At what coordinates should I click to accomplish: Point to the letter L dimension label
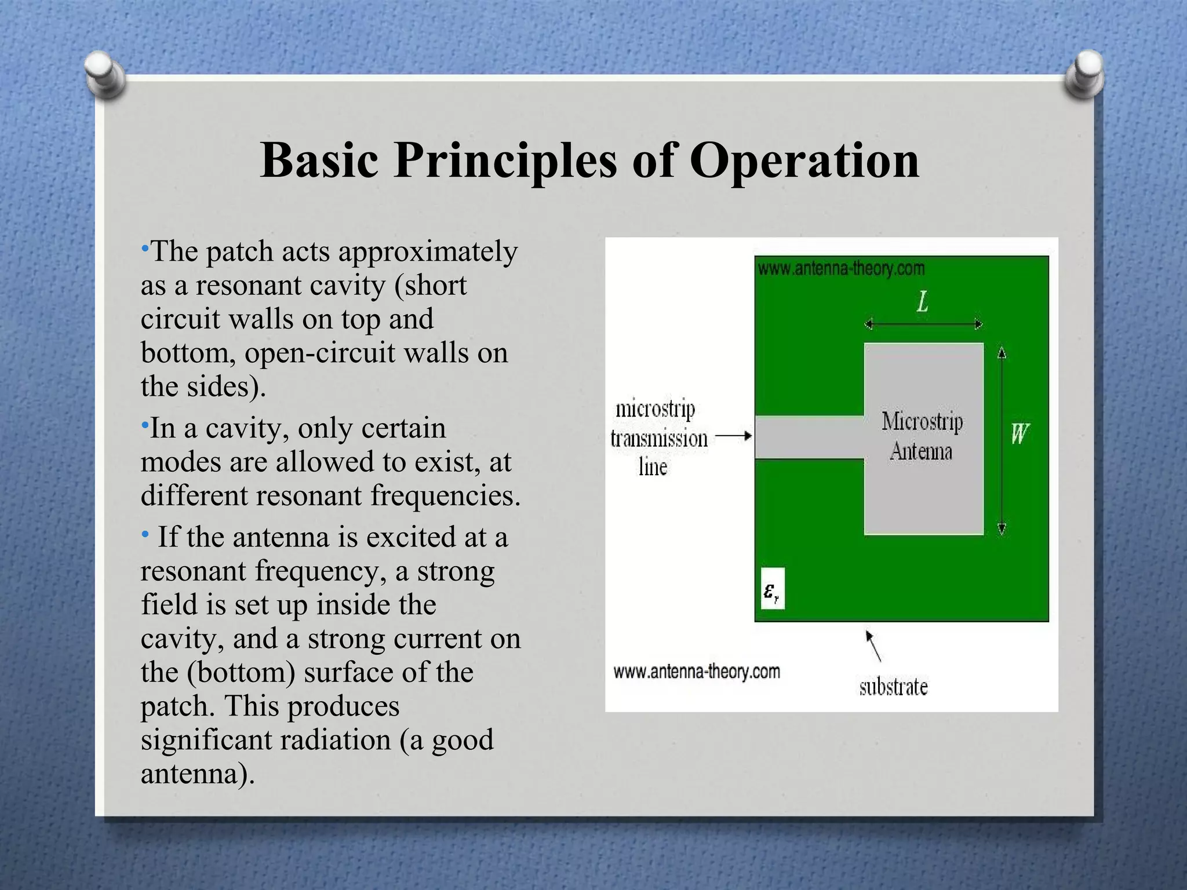click(922, 301)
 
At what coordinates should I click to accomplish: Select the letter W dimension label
click(1019, 433)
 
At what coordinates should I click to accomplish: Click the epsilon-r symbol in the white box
click(771, 592)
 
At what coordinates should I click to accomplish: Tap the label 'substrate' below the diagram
click(893, 687)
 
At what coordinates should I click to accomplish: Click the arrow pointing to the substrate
click(873, 646)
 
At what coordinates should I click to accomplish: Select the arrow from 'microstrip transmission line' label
click(733, 436)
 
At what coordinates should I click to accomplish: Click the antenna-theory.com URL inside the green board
click(841, 269)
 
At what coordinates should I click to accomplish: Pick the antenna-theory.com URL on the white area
click(696, 672)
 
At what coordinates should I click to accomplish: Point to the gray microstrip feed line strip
click(809, 437)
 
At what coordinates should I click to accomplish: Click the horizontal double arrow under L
click(923, 324)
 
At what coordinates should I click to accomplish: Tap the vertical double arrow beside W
click(1002, 440)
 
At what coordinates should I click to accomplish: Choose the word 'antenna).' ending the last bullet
click(197, 774)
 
